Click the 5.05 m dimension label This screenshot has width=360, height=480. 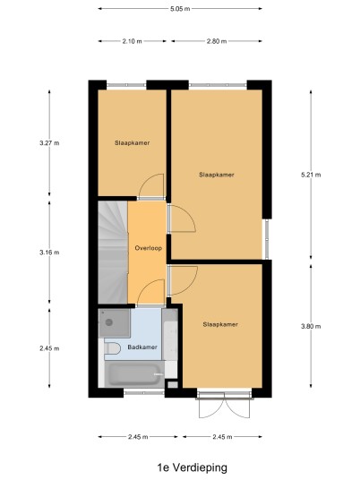tap(180, 9)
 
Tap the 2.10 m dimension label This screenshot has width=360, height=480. tap(133, 41)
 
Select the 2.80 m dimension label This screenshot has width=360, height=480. tap(217, 41)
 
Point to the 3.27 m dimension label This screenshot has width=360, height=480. tap(49, 143)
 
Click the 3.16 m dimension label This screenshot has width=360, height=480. tap(49, 253)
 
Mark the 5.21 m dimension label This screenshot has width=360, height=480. tap(311, 175)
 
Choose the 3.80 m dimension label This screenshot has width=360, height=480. tap(311, 326)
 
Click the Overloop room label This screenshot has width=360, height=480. tap(149, 248)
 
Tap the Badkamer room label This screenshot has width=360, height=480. tap(142, 347)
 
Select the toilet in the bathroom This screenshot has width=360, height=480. tap(112, 348)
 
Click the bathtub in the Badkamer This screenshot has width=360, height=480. tap(134, 374)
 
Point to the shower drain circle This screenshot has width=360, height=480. tap(109, 322)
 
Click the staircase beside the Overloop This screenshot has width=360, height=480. tap(113, 252)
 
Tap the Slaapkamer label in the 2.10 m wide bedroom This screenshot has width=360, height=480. tap(133, 143)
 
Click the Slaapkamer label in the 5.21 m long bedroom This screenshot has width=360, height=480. tap(217, 175)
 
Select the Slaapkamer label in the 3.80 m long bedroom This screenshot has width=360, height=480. tap(220, 324)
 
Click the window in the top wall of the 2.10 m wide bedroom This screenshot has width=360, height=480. tap(126, 85)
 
